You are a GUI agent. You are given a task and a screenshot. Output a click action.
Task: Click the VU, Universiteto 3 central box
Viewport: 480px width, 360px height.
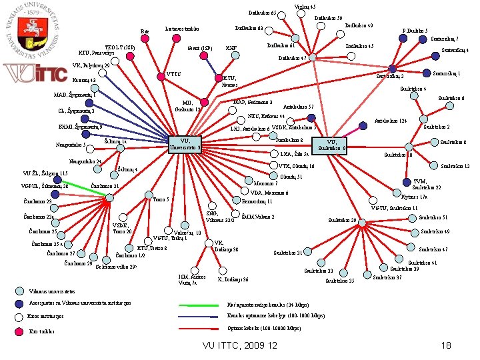click(185, 144)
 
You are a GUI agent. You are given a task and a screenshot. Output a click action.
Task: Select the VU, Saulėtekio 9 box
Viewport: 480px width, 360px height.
click(333, 144)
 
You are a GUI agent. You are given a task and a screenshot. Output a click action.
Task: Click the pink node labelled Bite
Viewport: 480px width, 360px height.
click(145, 38)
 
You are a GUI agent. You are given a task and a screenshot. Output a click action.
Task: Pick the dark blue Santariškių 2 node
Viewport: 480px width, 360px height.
click(392, 69)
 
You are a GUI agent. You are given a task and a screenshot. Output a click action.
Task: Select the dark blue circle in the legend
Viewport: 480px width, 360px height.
click(19, 305)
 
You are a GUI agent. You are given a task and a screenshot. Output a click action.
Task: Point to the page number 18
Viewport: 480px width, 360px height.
click(446, 345)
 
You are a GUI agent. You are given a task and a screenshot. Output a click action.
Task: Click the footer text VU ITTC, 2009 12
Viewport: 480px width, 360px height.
click(239, 345)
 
